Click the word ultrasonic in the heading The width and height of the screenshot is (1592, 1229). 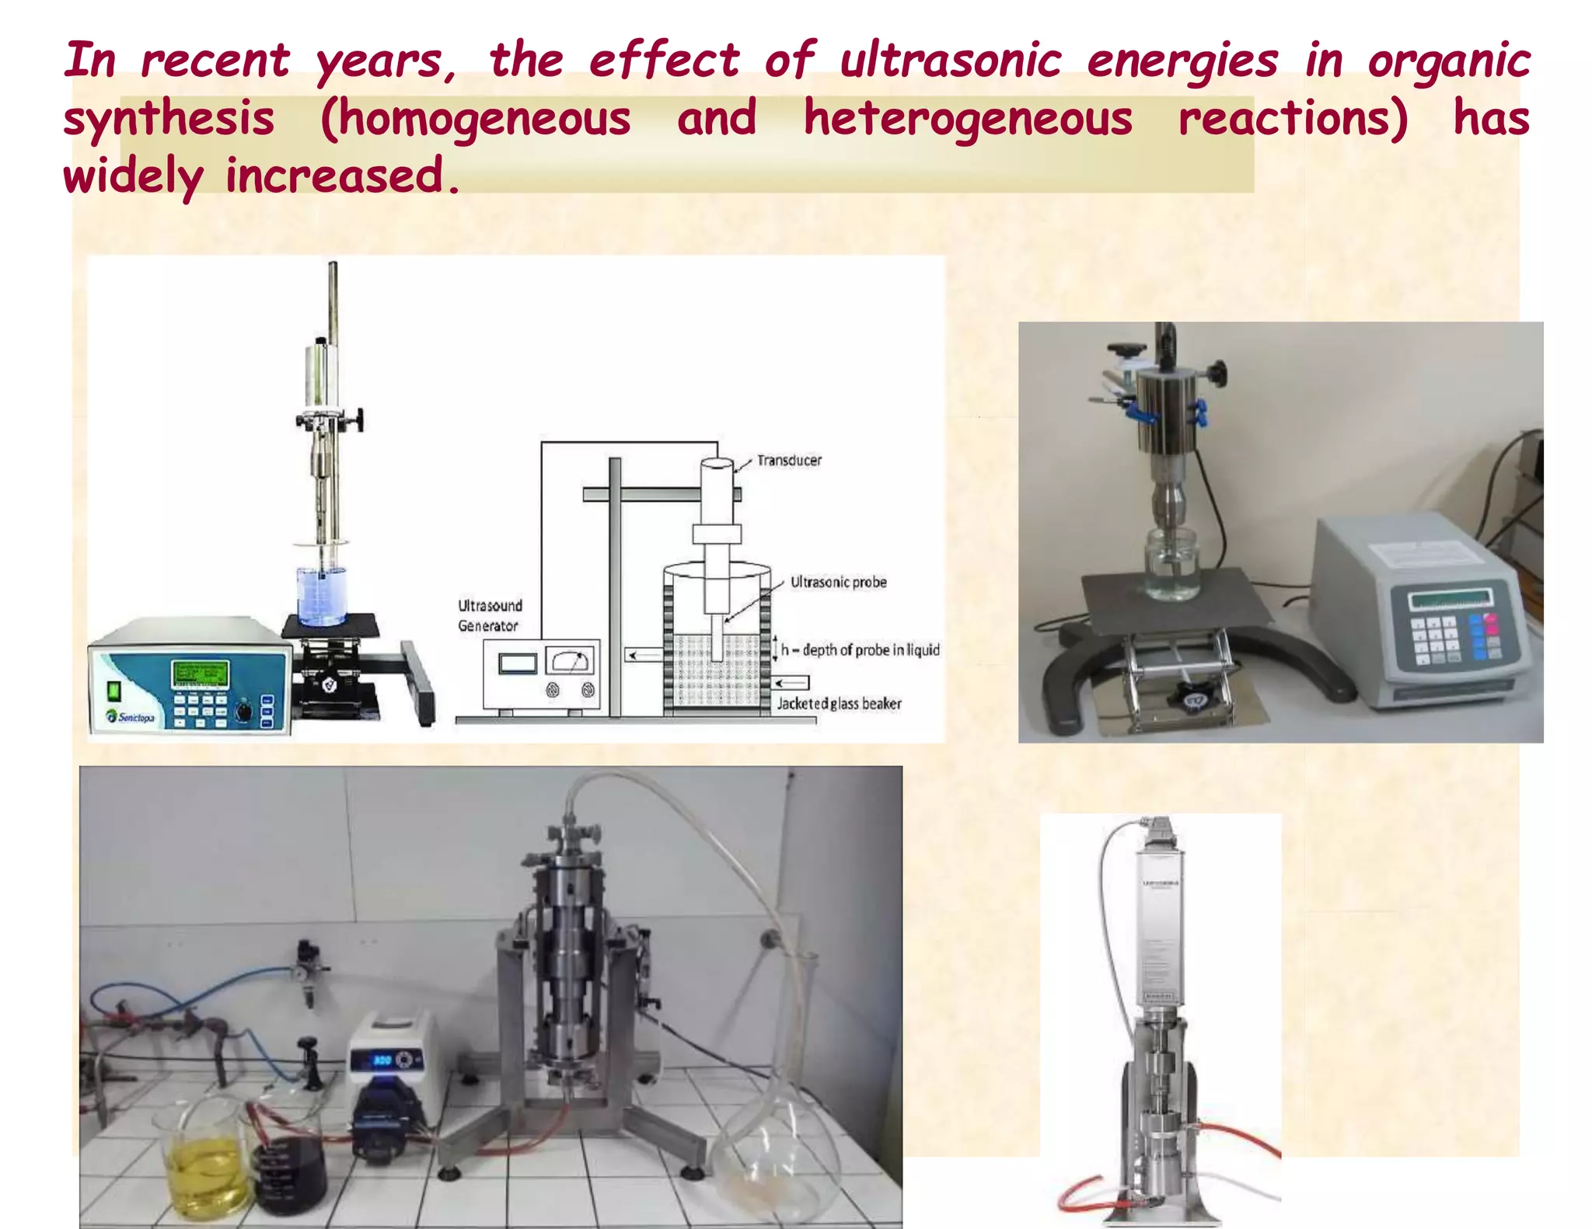[949, 61]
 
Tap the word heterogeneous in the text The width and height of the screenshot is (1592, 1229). [968, 119]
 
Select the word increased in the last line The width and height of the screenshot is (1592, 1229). [335, 176]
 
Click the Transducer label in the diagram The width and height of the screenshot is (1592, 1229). [789, 461]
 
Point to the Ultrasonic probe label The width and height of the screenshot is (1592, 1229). [838, 582]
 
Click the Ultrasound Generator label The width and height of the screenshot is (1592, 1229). [490, 615]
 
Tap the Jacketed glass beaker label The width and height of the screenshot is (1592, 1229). [839, 704]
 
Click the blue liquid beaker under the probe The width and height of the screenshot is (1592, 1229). [320, 597]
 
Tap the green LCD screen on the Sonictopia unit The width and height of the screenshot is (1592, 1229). [200, 674]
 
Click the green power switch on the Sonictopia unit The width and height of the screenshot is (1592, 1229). [113, 690]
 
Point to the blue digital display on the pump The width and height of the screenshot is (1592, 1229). [382, 1060]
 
